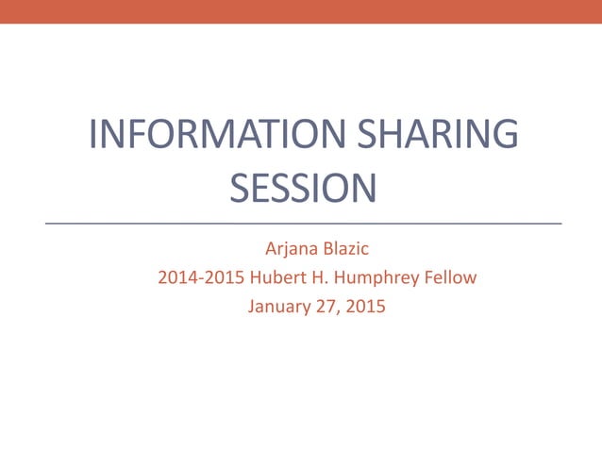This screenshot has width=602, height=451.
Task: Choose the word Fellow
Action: pyautogui.click(x=450, y=278)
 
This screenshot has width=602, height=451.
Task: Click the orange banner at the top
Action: pyautogui.click(x=301, y=11)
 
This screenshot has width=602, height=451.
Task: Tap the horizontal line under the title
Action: pyautogui.click(x=302, y=224)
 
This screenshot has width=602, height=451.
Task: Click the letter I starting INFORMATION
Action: pyautogui.click(x=92, y=134)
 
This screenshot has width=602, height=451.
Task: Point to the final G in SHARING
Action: pyautogui.click(x=504, y=134)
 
